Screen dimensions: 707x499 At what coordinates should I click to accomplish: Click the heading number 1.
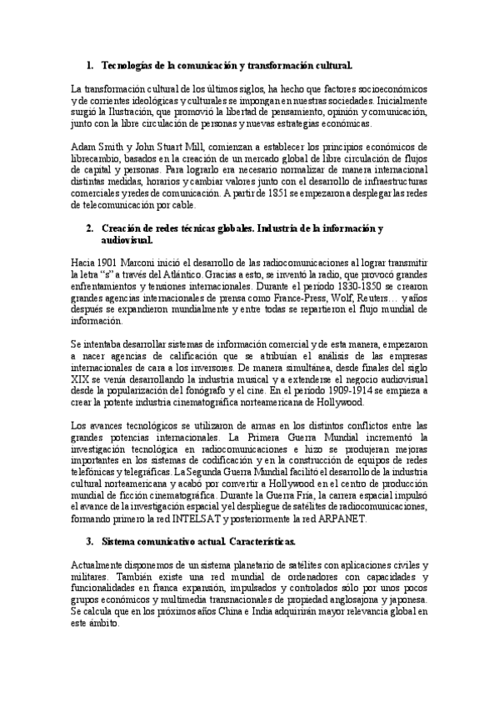89,64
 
